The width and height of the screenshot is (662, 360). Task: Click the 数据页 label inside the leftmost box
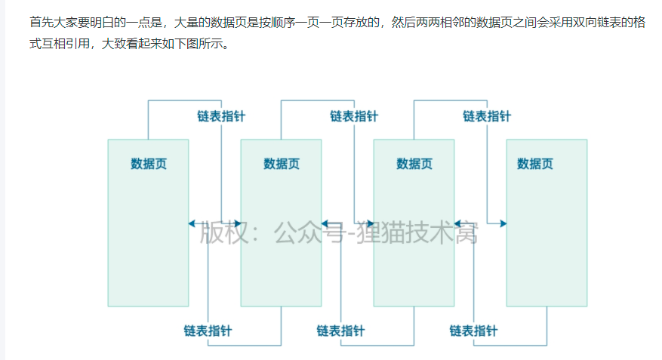coord(148,164)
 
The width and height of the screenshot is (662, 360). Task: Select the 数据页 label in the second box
coord(281,164)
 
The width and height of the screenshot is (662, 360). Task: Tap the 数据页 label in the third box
coord(414,164)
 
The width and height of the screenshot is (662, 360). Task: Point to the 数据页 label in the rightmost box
coord(534,164)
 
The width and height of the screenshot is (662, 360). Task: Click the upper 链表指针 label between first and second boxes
coord(221,116)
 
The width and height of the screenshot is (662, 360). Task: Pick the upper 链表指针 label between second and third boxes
coord(353,116)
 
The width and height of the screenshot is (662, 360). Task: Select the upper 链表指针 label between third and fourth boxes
coord(486,116)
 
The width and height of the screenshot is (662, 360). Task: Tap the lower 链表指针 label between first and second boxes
coord(208,331)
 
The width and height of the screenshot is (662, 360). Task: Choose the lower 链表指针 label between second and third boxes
coord(340,331)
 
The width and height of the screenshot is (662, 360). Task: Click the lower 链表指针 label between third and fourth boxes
coord(473,331)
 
